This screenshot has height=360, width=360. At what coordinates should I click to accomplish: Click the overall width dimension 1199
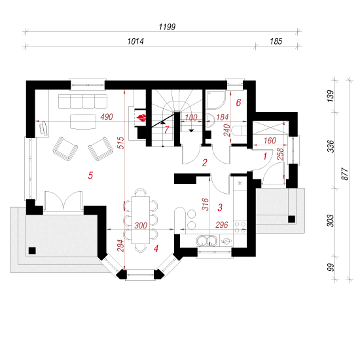click(x=167, y=27)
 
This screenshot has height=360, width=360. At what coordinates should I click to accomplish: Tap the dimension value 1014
click(x=135, y=41)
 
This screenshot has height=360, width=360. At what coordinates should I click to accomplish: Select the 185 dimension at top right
click(x=276, y=41)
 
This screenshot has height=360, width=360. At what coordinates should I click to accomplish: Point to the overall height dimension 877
click(x=345, y=174)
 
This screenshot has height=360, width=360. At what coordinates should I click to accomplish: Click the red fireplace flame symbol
click(x=141, y=118)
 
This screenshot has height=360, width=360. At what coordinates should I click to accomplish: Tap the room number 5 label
click(x=90, y=175)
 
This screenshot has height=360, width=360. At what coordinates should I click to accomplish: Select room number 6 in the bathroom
click(x=238, y=103)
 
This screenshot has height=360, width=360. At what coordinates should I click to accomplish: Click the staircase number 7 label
click(x=166, y=130)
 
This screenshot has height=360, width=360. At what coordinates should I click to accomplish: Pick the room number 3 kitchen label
click(x=220, y=207)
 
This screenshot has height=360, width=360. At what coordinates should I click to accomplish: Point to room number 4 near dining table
click(x=156, y=249)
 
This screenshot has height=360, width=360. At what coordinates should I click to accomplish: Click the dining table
click(x=140, y=220)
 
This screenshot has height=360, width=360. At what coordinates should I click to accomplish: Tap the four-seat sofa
click(x=82, y=101)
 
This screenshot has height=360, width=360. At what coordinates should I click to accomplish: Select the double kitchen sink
click(x=207, y=241)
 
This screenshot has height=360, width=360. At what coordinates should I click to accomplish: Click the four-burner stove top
click(x=240, y=227)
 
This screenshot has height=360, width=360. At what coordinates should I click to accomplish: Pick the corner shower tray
click(x=216, y=99)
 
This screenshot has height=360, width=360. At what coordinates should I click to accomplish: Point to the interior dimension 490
click(x=107, y=117)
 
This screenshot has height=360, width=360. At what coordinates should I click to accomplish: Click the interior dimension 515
click(x=121, y=143)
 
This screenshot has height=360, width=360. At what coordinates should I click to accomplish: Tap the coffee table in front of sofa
click(x=83, y=122)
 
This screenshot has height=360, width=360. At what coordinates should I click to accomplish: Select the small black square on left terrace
click(x=32, y=251)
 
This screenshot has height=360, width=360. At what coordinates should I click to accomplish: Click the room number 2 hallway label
click(x=205, y=163)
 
